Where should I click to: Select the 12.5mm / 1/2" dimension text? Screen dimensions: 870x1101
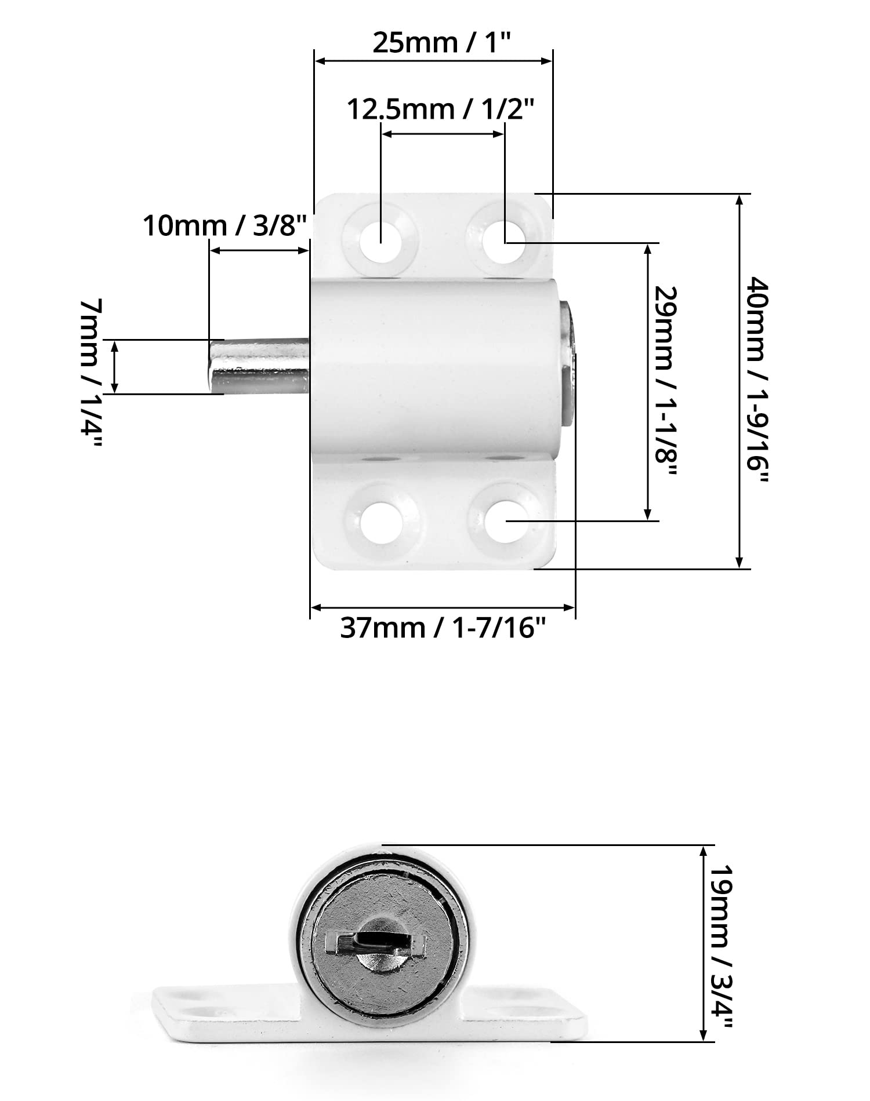coord(440,109)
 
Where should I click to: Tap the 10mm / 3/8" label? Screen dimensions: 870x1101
coord(224,225)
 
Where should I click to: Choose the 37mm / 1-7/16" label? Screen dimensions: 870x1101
coord(443,627)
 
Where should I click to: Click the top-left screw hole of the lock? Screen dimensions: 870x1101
coord(380,242)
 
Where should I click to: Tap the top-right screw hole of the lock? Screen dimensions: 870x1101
coord(504,242)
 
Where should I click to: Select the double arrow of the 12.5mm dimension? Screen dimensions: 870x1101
coord(443,134)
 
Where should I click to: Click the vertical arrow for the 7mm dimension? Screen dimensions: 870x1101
coord(114,367)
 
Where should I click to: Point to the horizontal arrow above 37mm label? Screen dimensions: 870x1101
coord(443,608)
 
